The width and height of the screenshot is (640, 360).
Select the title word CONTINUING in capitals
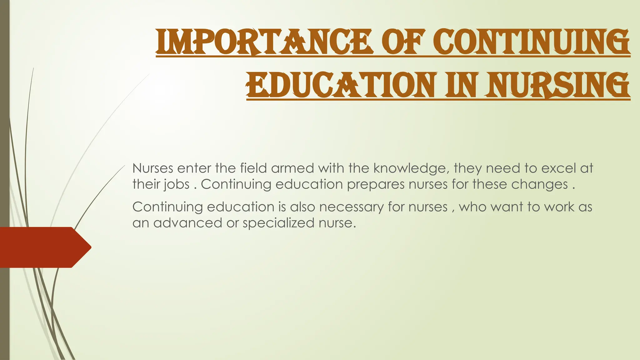click(x=531, y=42)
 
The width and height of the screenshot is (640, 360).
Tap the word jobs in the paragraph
click(x=177, y=185)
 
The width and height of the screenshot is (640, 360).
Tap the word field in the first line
click(x=253, y=168)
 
